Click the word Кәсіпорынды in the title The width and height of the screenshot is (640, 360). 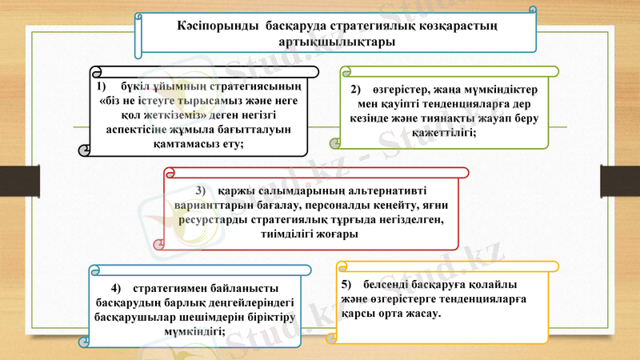point(214,26)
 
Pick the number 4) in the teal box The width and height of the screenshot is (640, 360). point(116,287)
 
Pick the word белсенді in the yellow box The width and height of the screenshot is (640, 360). point(388,285)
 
